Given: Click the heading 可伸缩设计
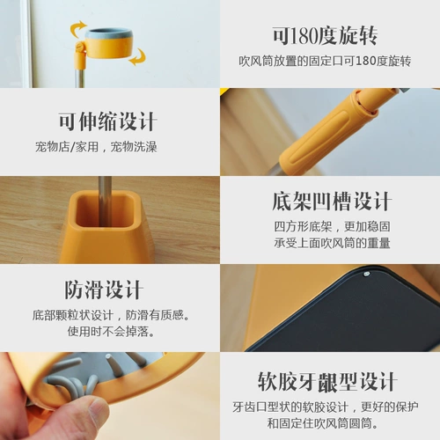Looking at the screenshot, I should pos(107,121).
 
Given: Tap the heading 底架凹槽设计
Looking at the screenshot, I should pos(331,201).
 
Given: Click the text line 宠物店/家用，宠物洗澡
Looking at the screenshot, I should pos(108,146).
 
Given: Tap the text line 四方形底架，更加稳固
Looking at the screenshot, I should pos(331,226).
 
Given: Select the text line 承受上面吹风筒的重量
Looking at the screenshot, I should pos(331,243).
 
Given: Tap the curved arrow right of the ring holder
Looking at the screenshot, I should pos(137,58).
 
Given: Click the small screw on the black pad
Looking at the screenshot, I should pos(364,275).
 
